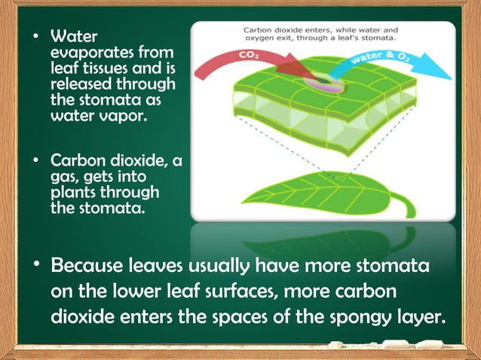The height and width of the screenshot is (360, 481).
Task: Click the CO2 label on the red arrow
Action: (250, 56)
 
